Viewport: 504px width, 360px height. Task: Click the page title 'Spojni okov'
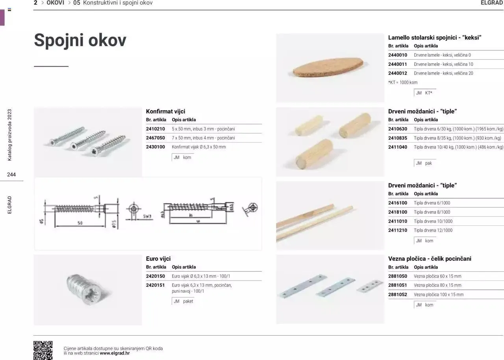[80, 40]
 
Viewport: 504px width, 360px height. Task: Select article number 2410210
[156, 129]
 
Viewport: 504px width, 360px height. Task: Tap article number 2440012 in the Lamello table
[398, 73]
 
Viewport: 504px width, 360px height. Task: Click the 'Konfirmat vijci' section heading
[165, 111]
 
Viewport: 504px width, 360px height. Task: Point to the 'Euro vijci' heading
[158, 259]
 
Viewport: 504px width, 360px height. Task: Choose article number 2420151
[156, 285]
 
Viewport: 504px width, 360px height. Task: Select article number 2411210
[398, 230]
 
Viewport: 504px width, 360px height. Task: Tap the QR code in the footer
[43, 350]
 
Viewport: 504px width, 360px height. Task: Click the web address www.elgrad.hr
[115, 353]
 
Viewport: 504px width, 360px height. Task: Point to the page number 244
[11, 175]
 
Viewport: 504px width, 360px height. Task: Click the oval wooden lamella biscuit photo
[328, 68]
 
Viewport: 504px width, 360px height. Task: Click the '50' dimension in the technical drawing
[80, 223]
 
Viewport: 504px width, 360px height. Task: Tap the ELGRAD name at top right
[492, 3]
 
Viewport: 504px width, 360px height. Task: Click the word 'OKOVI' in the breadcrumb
[55, 3]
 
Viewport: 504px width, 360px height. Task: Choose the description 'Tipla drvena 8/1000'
[432, 212]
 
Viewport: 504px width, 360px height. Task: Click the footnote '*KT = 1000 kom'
[403, 83]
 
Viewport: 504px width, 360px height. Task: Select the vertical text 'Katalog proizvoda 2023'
[10, 135]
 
